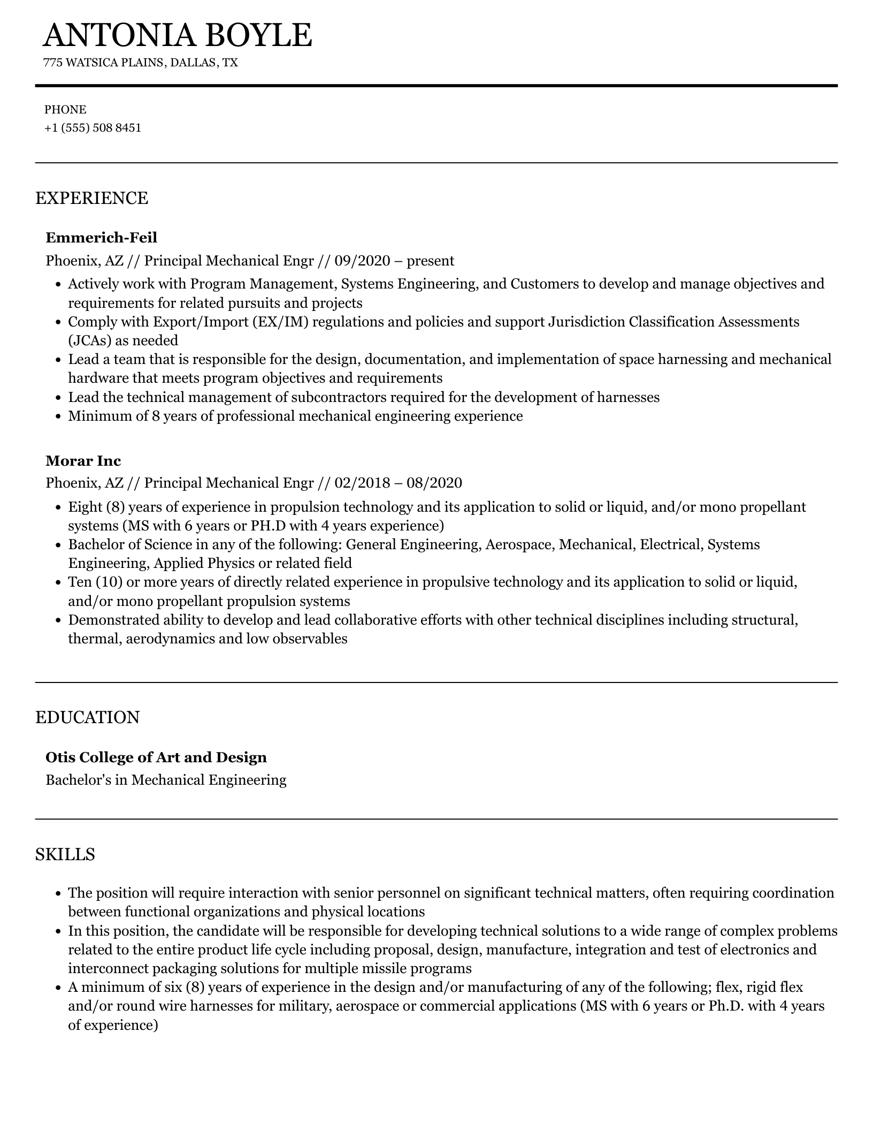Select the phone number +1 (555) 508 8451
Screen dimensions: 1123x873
(x=93, y=128)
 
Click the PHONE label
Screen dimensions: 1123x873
(x=65, y=110)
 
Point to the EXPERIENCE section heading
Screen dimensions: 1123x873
(x=91, y=198)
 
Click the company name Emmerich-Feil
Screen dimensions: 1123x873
(x=101, y=237)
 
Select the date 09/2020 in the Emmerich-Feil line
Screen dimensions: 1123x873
(x=363, y=261)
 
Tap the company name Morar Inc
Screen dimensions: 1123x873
(x=83, y=460)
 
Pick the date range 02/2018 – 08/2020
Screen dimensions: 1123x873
(x=398, y=483)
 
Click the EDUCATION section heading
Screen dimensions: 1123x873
(x=87, y=717)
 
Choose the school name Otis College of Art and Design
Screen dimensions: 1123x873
(x=156, y=757)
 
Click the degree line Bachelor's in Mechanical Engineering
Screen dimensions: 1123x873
(x=166, y=780)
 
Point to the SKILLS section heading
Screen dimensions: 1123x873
(x=65, y=854)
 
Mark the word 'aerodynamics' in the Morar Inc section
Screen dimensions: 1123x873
(x=170, y=639)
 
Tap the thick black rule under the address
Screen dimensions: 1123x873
(x=436, y=86)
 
